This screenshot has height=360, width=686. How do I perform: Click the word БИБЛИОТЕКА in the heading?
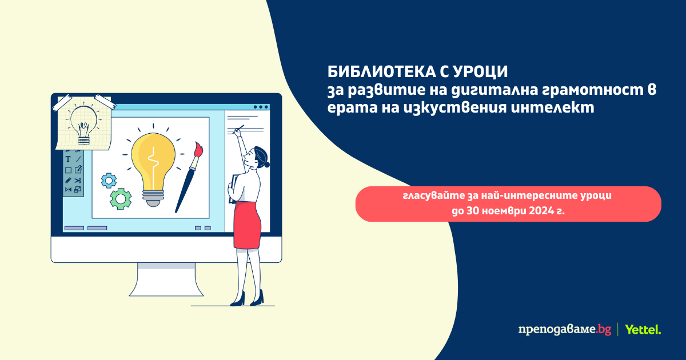(381, 71)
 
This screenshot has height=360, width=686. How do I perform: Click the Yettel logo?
(643, 329)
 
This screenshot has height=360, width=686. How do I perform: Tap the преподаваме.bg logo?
(565, 330)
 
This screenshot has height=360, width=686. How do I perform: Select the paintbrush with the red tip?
(189, 177)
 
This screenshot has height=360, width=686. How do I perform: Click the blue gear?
(109, 181)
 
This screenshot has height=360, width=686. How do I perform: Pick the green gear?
(121, 199)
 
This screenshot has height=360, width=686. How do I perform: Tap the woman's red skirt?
(247, 225)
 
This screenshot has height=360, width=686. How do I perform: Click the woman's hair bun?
(267, 165)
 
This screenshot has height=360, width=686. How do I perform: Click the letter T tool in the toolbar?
(68, 159)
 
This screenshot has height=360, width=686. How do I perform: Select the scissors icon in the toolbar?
(78, 181)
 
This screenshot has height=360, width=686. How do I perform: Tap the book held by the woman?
(233, 189)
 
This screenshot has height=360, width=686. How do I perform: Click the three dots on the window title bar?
(261, 107)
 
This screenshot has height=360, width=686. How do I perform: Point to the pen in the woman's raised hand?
(239, 128)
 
